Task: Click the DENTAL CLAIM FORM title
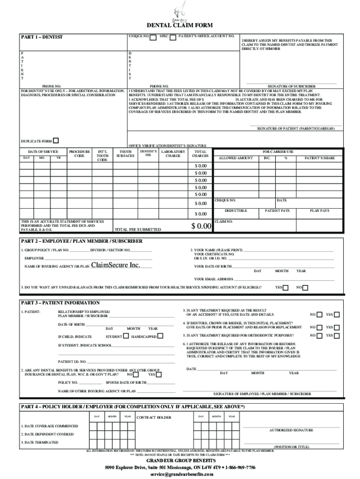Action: click(180, 26)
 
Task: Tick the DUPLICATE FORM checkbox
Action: click(56, 141)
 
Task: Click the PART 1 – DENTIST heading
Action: click(42, 37)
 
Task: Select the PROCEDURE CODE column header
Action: click(79, 154)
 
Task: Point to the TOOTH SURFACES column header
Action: click(125, 154)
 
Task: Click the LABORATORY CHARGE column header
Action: click(173, 154)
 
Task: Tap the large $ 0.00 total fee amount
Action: click(202, 226)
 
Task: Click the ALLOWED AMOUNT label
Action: click(236, 158)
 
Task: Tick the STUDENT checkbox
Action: click(126, 336)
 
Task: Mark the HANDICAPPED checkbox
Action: click(160, 336)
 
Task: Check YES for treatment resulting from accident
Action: click(338, 314)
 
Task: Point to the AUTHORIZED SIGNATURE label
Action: click(291, 430)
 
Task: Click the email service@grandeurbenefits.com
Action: click(180, 474)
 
